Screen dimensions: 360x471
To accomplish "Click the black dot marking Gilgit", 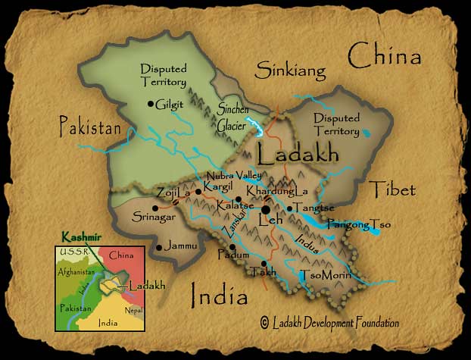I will point(151,104).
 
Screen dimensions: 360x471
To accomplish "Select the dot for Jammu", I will point(158,247).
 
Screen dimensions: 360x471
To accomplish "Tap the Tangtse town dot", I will point(289,208).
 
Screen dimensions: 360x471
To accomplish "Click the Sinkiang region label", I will point(290,72).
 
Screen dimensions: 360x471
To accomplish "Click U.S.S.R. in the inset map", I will point(70,251).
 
